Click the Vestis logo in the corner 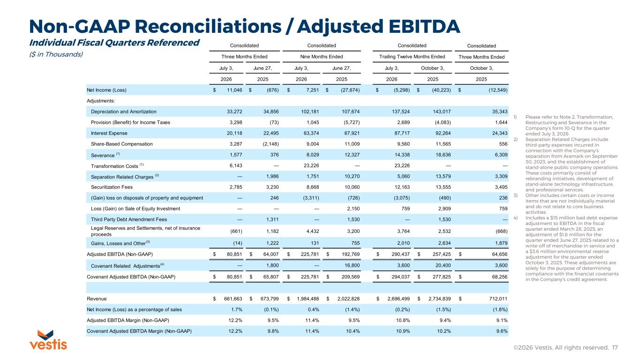click(x=48, y=340)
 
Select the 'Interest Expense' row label click(x=109, y=133)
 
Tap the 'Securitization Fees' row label click(x=112, y=187)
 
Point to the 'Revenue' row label click(x=97, y=299)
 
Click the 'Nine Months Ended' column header click(x=322, y=57)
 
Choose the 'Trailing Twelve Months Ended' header click(x=412, y=57)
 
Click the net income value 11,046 click(x=234, y=90)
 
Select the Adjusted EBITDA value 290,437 click(x=400, y=254)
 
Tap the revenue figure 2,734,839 click(x=439, y=299)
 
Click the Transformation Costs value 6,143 click(x=236, y=166)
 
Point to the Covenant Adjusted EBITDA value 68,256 click(x=499, y=277)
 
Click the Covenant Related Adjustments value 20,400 click(x=443, y=265)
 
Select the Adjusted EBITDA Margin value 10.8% click(x=403, y=320)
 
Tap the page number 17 click(x=615, y=347)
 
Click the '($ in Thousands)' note click(x=56, y=54)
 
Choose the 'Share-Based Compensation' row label click(x=122, y=144)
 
